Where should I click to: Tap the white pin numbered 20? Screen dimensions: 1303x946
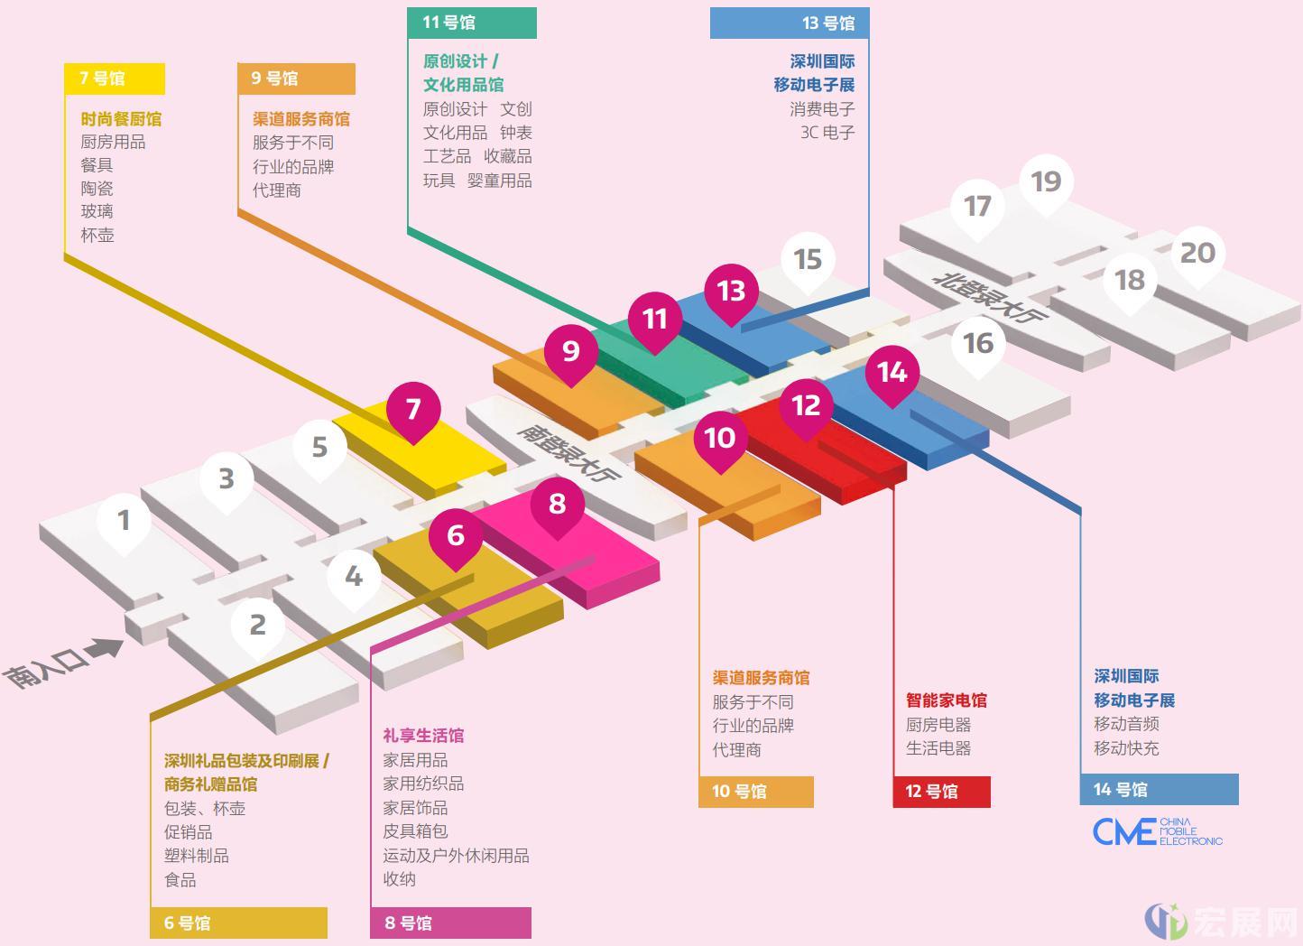coord(1197,255)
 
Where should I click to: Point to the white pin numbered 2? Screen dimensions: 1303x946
coord(258,627)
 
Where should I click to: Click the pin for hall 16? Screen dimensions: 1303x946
coord(978,346)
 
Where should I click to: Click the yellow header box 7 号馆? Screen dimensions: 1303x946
coord(115,79)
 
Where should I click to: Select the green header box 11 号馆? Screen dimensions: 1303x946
coord(472,23)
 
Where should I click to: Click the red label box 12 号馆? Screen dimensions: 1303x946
coord(942,792)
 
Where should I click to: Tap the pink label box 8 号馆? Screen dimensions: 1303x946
coord(451,923)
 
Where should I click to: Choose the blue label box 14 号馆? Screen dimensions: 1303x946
coord(1160,790)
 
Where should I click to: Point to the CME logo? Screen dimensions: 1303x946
coord(1158,831)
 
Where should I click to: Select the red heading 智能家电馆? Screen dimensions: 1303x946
coord(947,700)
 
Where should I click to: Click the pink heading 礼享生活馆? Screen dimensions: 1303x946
coord(423,736)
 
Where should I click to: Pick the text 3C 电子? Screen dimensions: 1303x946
coord(827,133)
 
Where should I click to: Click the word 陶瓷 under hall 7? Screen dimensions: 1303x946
coord(97,189)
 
